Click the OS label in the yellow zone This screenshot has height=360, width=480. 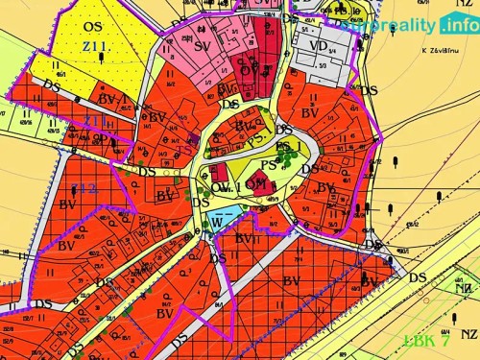point(92,26)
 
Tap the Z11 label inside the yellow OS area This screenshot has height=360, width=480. point(96,46)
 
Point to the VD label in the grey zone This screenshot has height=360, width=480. point(318,44)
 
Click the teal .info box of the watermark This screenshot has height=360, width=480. point(458,26)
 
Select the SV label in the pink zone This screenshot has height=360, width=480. point(203,45)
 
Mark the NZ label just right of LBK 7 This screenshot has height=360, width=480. point(468,333)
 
